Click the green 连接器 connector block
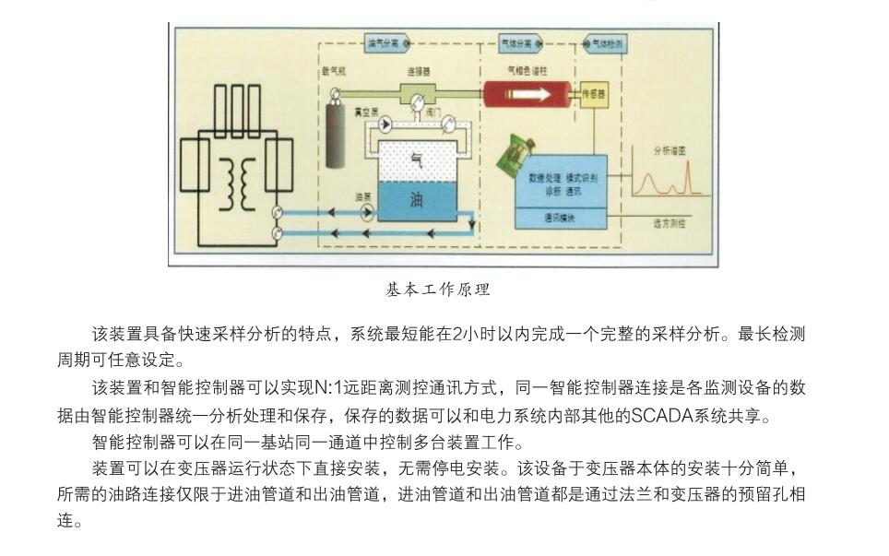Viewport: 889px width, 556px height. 421,92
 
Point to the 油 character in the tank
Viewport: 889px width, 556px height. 416,199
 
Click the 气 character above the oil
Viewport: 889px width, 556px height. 416,159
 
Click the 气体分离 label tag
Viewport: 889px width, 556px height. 517,43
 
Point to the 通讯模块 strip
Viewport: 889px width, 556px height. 560,219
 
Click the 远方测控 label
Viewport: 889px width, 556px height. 669,223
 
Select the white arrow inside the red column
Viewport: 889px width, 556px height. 529,93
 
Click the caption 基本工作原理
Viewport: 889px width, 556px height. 438,290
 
